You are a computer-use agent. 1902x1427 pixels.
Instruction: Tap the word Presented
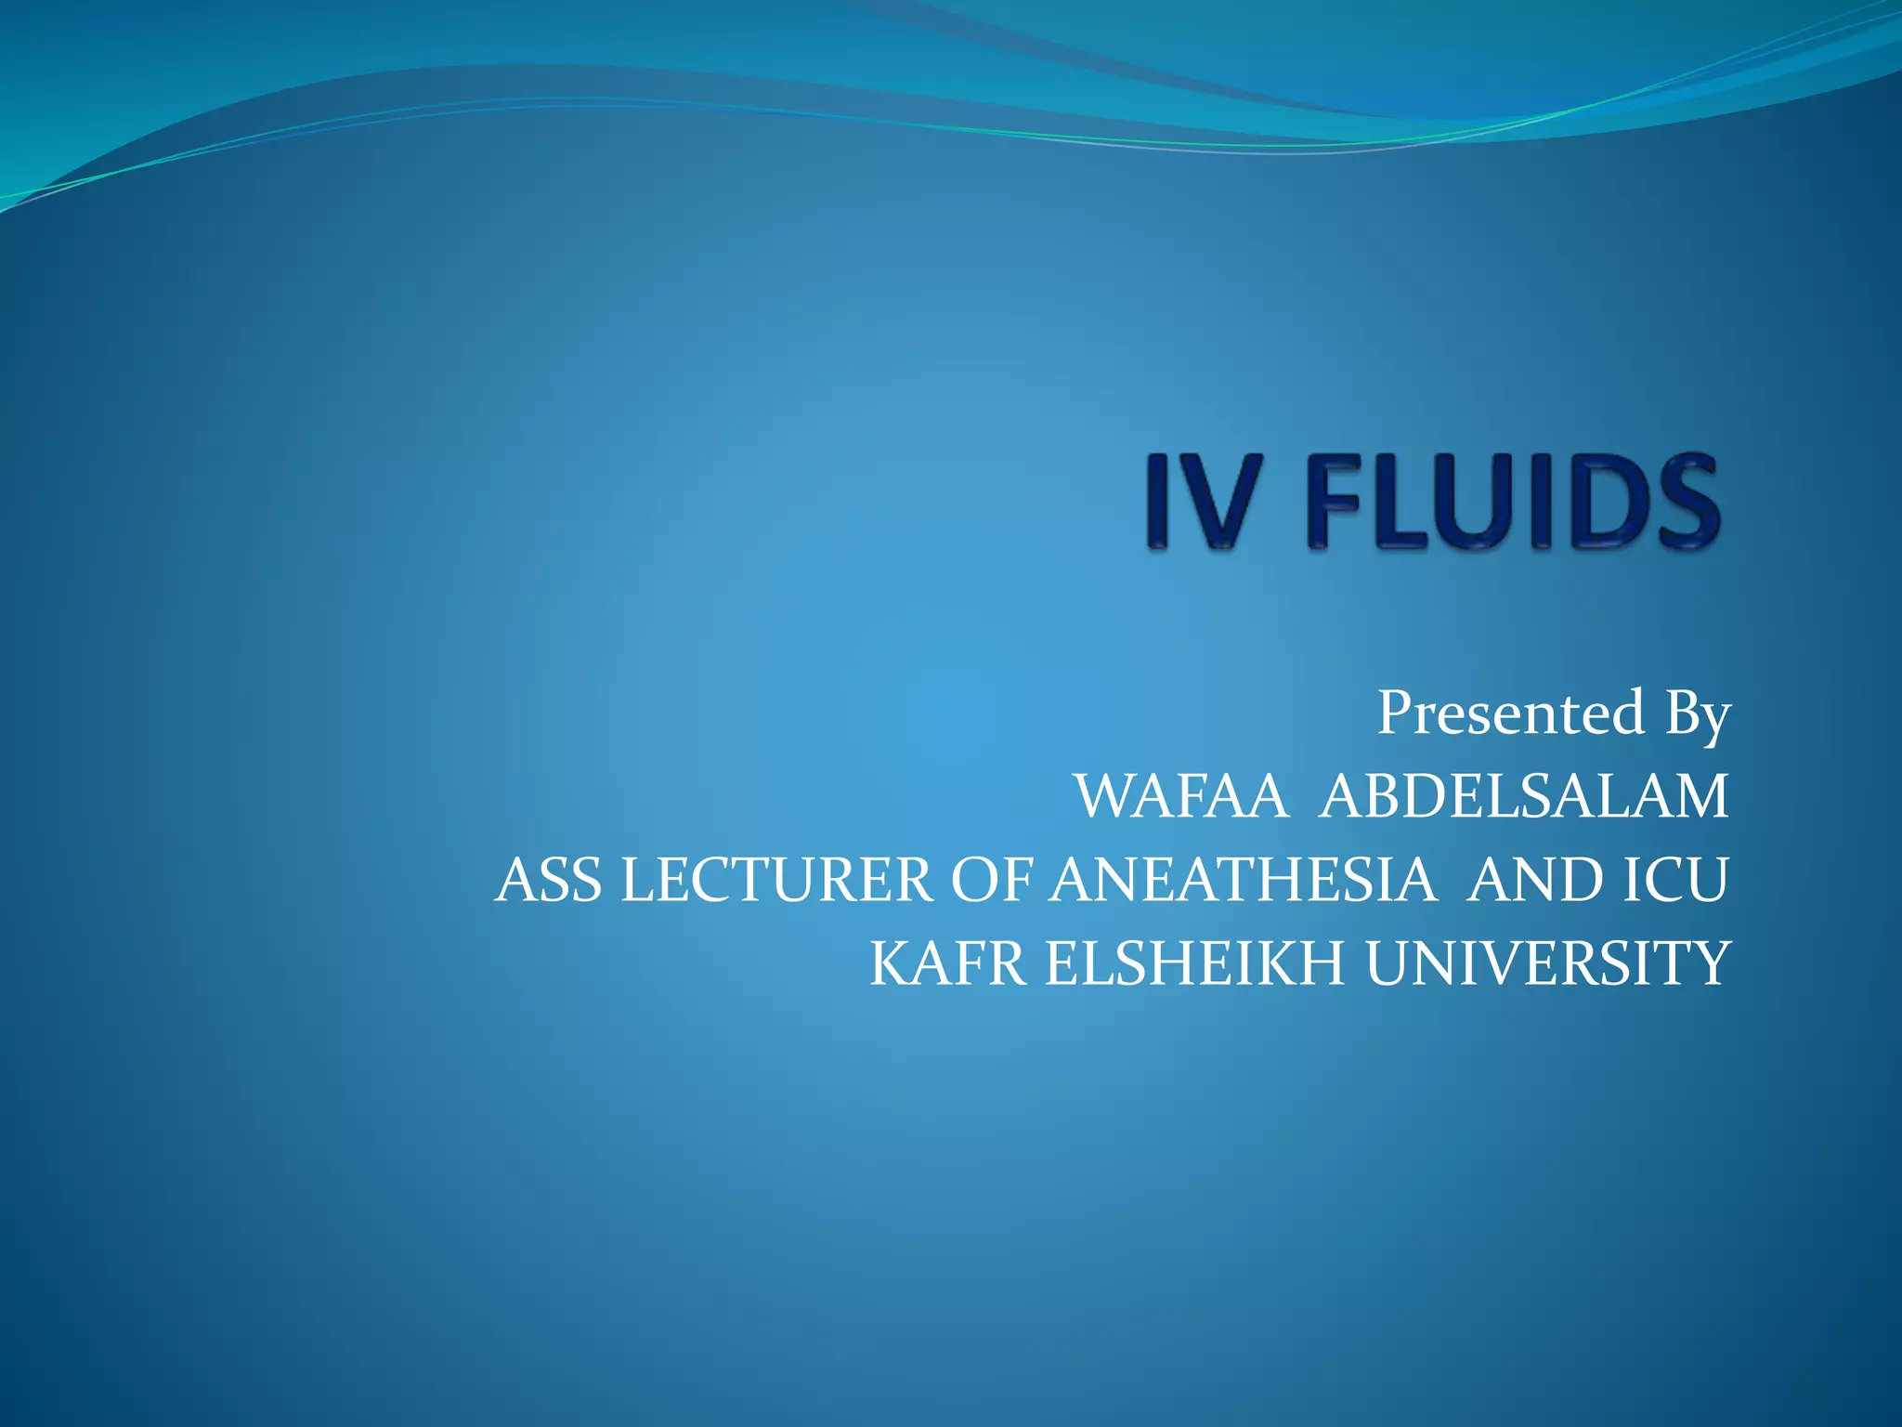[x=1510, y=713]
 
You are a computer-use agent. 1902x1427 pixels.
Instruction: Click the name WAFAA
[x=1181, y=797]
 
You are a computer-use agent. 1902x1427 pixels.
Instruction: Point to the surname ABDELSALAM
[x=1523, y=797]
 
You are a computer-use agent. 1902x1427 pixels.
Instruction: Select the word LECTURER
[x=776, y=881]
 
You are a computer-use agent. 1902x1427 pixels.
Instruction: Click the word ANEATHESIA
[x=1243, y=881]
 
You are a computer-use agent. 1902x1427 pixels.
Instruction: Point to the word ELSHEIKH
[x=1194, y=964]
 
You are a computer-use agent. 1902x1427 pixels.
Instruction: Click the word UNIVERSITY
[x=1547, y=964]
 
